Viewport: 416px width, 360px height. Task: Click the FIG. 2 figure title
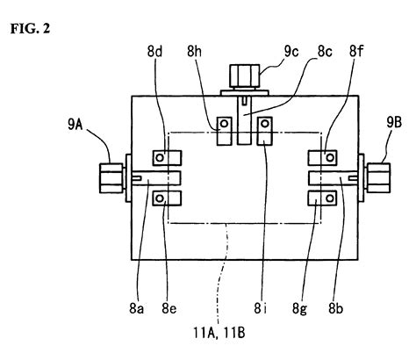(x=31, y=28)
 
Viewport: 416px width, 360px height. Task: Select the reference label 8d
(x=155, y=52)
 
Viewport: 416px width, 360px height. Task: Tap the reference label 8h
(x=195, y=52)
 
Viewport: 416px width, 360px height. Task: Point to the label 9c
(x=291, y=52)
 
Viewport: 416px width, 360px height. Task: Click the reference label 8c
(x=325, y=52)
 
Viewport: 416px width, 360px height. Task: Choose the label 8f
(x=356, y=52)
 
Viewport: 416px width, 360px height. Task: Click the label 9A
(x=75, y=125)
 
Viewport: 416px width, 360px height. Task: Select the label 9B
(x=394, y=123)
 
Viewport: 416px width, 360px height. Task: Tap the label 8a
(x=137, y=308)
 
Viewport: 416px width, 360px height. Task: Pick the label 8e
(x=169, y=308)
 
